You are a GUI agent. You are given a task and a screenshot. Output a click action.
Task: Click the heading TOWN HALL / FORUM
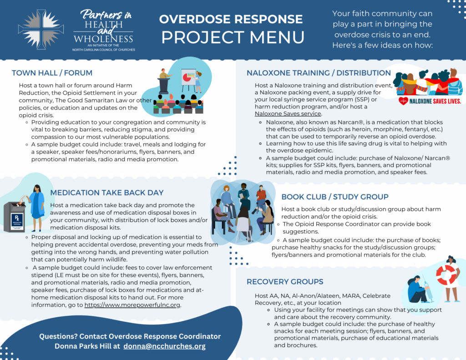[x=52, y=73]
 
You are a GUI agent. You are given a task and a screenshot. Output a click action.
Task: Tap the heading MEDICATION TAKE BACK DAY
[x=106, y=193]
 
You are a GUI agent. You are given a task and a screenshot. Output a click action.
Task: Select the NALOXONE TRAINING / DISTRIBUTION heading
[x=319, y=73]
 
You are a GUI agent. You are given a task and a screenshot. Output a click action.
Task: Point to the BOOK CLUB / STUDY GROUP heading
[x=335, y=197]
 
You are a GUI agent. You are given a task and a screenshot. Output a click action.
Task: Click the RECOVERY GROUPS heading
[x=285, y=282]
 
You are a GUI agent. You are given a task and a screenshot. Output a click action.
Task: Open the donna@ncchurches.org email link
[x=164, y=346]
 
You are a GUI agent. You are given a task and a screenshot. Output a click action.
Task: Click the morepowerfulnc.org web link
[x=132, y=305]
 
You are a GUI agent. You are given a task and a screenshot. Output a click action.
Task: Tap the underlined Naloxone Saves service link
[x=288, y=114]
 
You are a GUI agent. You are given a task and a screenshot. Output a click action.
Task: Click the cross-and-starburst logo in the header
[x=41, y=29]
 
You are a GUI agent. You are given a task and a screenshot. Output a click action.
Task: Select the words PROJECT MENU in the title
[x=233, y=37]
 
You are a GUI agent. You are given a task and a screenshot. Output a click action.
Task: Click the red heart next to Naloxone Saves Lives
[x=403, y=101]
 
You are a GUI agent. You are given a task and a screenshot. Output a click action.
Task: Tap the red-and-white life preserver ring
[x=446, y=274]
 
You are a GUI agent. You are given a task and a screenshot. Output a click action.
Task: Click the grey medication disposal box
[x=14, y=217]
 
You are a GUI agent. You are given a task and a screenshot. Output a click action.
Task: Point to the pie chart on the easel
[x=187, y=77]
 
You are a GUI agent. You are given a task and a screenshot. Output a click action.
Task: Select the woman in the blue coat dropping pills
[x=36, y=208]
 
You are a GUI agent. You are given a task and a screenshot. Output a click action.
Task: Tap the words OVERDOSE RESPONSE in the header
[x=231, y=19]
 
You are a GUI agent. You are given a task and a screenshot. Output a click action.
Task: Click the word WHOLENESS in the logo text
[x=103, y=39]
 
